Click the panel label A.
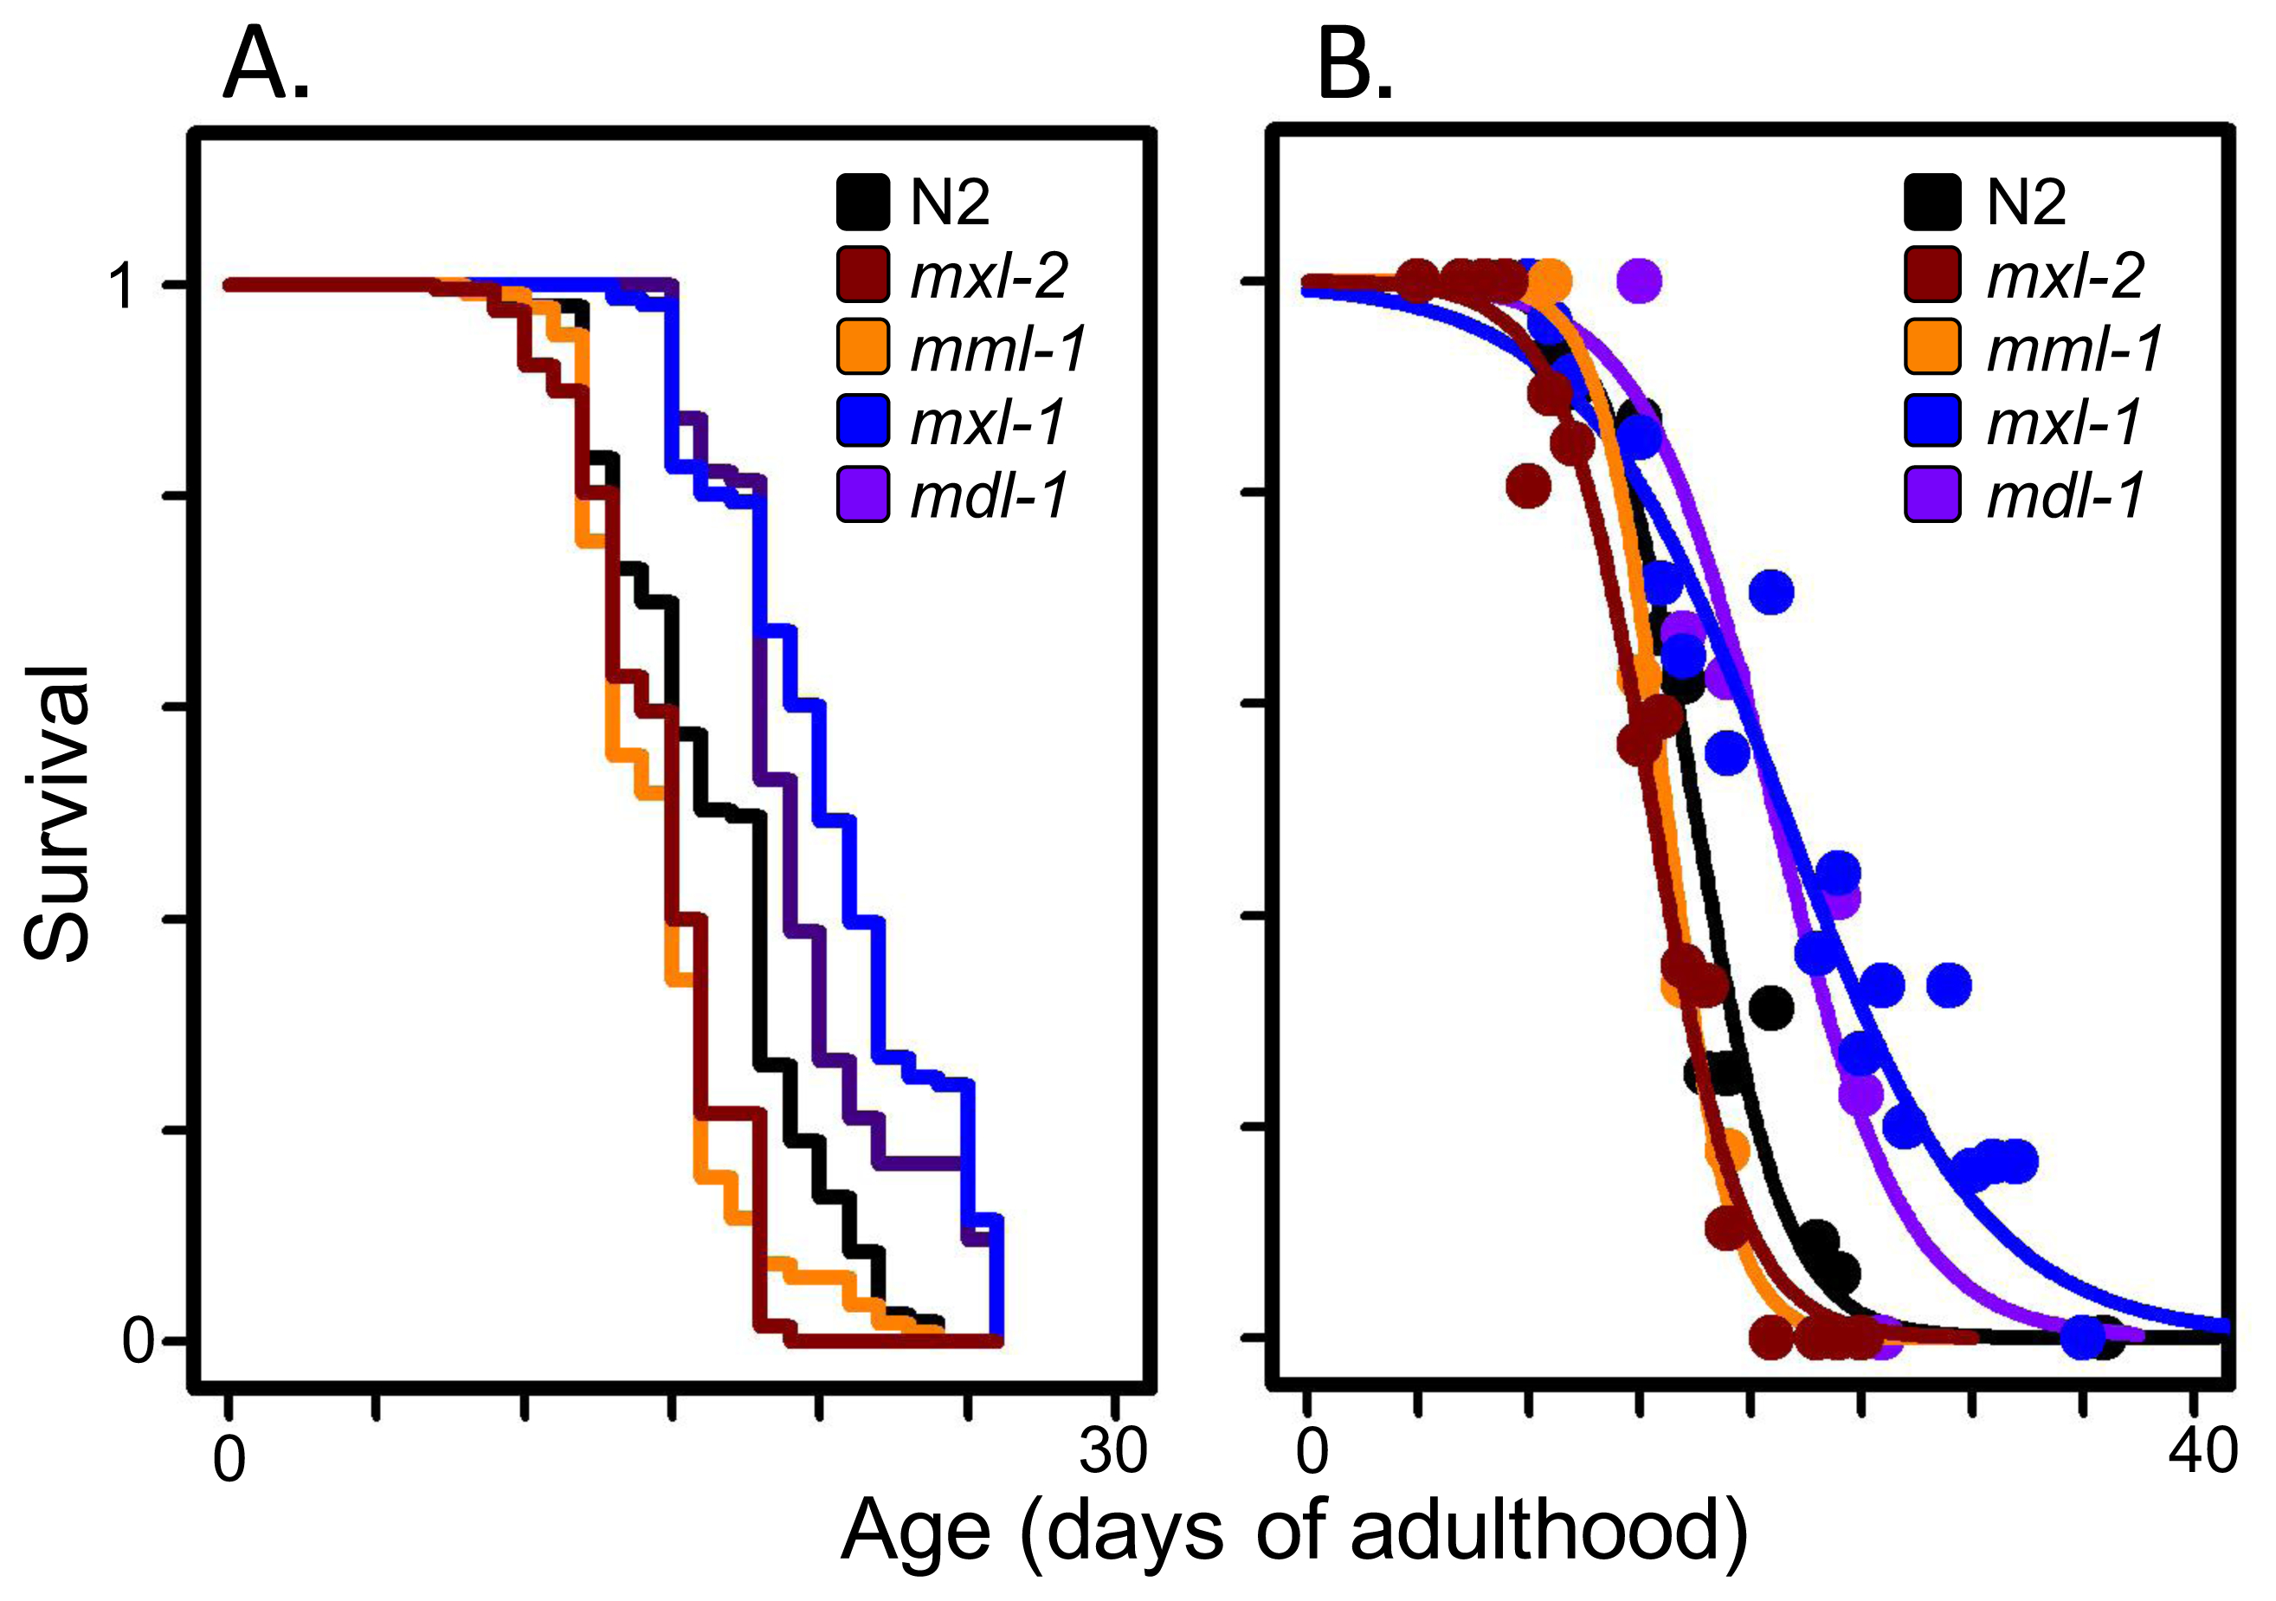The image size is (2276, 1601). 266,68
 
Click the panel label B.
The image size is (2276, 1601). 1354,68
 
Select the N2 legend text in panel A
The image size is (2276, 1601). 949,203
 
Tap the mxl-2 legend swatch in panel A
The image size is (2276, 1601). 862,274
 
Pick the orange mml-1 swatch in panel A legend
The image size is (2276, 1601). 862,348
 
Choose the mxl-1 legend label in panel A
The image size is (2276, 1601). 987,422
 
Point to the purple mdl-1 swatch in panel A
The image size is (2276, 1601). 862,494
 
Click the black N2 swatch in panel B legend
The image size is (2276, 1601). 1932,203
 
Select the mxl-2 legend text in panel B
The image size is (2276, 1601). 2066,274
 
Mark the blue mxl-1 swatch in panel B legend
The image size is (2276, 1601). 1932,422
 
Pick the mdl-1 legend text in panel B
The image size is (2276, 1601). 2066,494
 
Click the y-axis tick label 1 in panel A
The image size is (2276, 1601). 123,287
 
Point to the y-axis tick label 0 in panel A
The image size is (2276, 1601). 138,1341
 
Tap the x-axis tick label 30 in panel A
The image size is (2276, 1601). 1113,1450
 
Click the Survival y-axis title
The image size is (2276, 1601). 57,813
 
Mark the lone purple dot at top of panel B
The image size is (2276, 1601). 1639,281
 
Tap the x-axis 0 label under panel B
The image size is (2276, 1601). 1312,1450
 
